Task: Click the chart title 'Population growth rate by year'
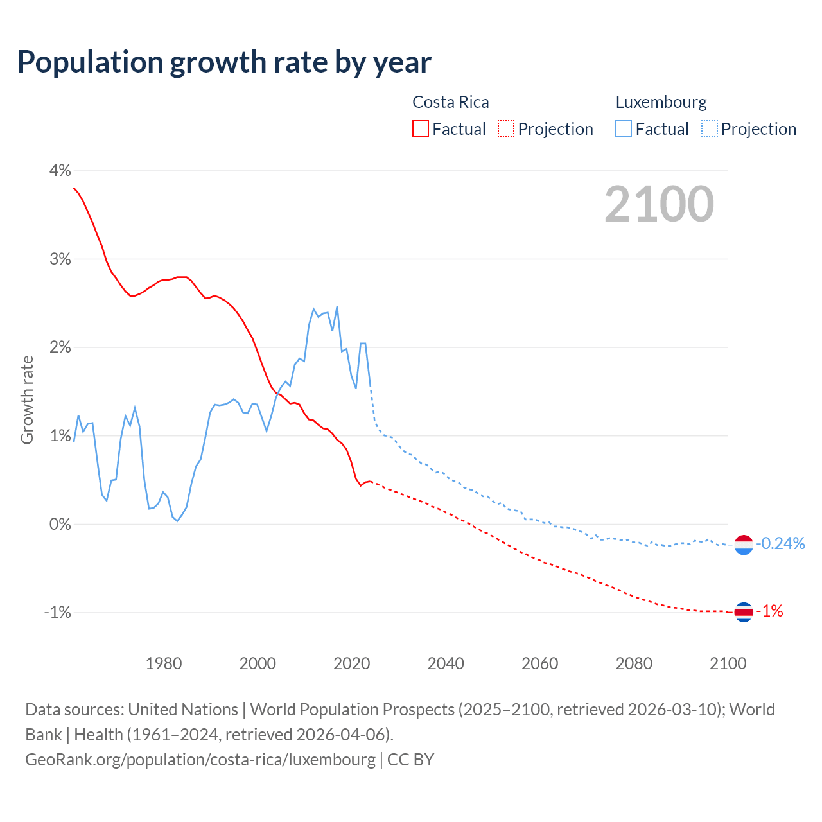point(224,62)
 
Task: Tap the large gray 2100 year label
point(659,204)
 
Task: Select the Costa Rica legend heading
point(450,102)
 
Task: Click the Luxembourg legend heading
point(661,102)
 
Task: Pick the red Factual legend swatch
point(421,128)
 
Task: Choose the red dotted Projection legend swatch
point(506,128)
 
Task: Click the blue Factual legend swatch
point(624,128)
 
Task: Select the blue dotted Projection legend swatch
point(710,128)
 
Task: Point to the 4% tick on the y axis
point(60,171)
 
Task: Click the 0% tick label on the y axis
point(60,524)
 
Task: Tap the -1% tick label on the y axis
point(57,613)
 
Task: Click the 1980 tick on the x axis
point(164,663)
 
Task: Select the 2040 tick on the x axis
point(446,663)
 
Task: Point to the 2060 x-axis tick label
point(540,663)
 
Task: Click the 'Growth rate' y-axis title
point(27,399)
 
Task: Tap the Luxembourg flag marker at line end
point(744,545)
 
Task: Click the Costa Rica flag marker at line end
point(744,612)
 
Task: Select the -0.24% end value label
point(780,544)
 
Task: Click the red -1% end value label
point(769,611)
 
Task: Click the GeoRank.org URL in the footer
point(200,759)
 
